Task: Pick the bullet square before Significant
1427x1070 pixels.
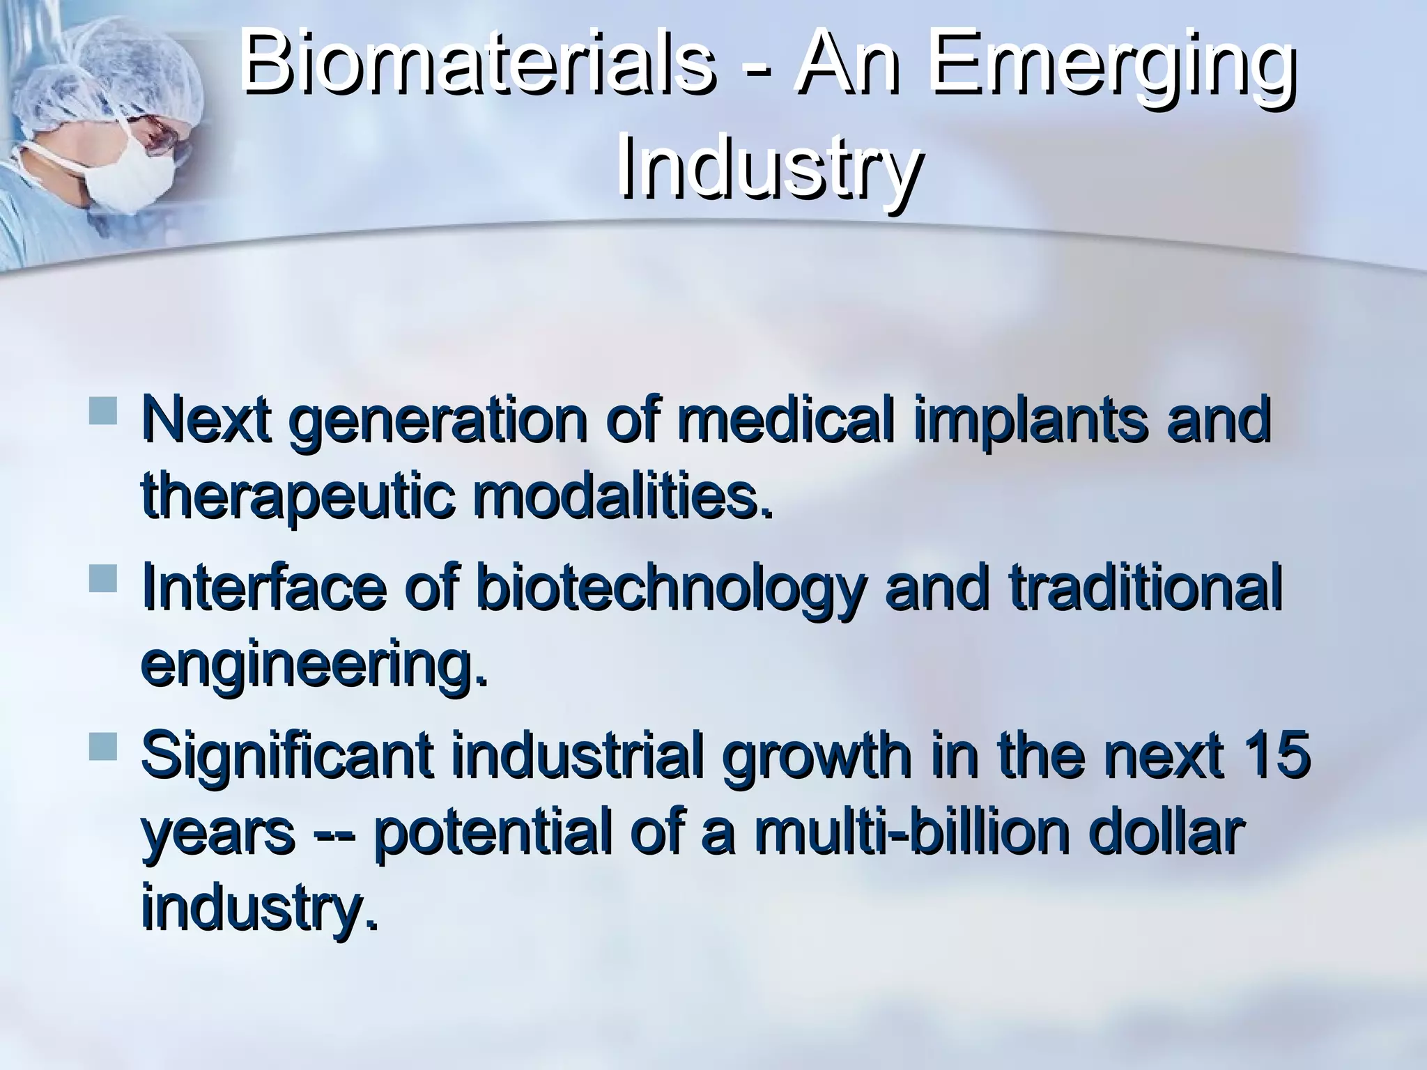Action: point(102,746)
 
